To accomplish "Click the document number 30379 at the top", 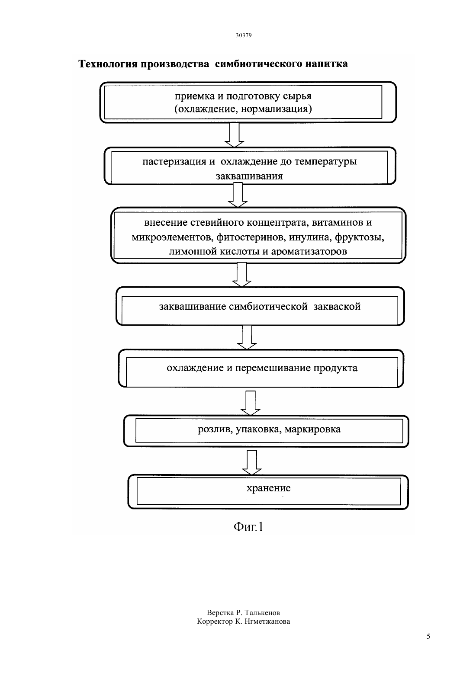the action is (x=243, y=35).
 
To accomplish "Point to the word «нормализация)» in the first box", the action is (x=276, y=109).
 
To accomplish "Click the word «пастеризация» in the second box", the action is (x=174, y=162).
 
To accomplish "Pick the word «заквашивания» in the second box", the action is (x=249, y=176).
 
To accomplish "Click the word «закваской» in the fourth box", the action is (x=337, y=307).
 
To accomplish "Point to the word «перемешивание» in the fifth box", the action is (x=273, y=368).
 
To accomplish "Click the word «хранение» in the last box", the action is (x=268, y=488).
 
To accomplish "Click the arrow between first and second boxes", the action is (x=235, y=135).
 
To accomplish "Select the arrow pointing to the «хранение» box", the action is (x=252, y=462).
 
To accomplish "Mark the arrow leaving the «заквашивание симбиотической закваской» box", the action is (x=247, y=337).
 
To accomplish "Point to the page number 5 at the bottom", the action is (x=428, y=636).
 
